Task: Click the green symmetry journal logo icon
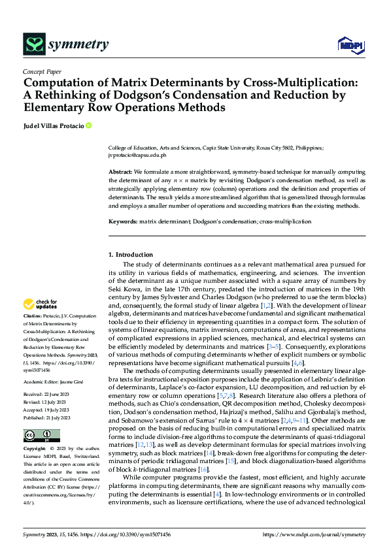[x=34, y=44]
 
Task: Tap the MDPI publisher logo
[x=350, y=44]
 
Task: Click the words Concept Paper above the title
[x=42, y=72]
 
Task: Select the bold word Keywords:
[x=123, y=203]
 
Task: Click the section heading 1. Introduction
[x=131, y=254]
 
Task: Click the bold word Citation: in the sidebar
[x=33, y=316]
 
